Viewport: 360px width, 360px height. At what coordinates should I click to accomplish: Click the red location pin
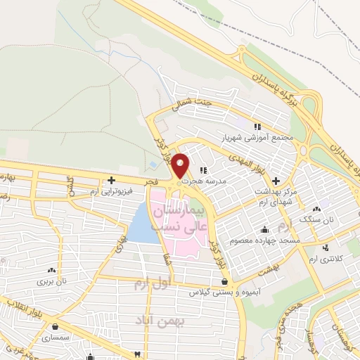click(181, 165)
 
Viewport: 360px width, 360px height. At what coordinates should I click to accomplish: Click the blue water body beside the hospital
click(142, 223)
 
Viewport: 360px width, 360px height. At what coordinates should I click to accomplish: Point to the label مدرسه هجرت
click(196, 180)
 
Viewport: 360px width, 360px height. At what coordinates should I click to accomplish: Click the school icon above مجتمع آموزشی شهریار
click(257, 127)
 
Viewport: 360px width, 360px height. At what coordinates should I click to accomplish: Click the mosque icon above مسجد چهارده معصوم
click(264, 229)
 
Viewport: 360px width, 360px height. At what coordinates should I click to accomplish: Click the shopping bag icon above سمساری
click(55, 327)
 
